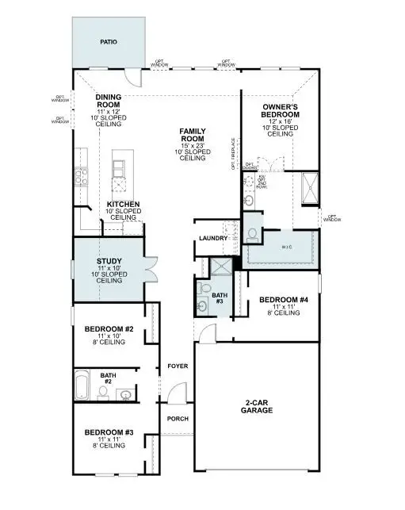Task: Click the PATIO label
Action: tap(109, 41)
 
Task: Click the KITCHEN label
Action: tap(124, 205)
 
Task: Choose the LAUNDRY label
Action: tap(214, 238)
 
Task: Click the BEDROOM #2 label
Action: tap(109, 328)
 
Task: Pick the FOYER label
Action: tap(177, 366)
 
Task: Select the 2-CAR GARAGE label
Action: tap(258, 407)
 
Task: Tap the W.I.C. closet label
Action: tap(286, 248)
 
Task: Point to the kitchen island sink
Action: tap(120, 185)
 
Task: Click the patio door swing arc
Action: tap(136, 78)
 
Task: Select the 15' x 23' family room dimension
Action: tap(193, 145)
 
